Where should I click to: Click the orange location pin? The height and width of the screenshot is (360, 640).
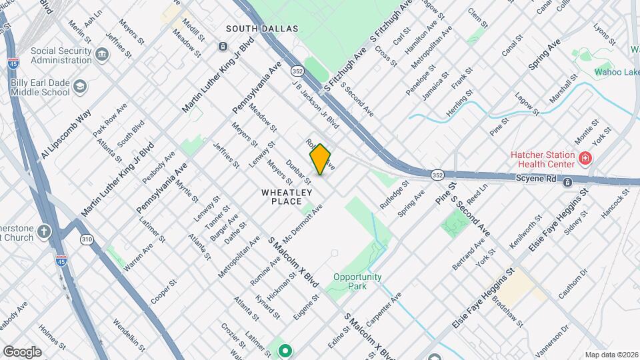click(x=321, y=159)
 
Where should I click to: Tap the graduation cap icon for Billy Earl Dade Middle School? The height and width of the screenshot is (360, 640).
click(x=81, y=87)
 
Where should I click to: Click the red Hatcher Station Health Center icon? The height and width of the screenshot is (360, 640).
click(x=585, y=159)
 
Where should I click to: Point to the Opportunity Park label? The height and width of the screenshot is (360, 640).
click(x=358, y=281)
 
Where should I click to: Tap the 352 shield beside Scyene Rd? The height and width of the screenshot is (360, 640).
click(x=437, y=175)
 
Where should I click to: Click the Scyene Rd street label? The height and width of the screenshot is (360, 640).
click(x=536, y=179)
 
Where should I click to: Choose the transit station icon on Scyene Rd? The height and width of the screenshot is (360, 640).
click(x=567, y=182)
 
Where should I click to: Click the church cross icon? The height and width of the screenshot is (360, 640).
click(x=44, y=232)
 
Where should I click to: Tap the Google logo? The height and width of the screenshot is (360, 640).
click(x=22, y=351)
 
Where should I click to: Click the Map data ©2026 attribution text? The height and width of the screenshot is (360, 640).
click(x=611, y=355)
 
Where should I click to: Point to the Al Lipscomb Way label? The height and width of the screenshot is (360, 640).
click(x=65, y=135)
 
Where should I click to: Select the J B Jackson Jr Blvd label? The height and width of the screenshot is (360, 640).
click(x=315, y=105)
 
